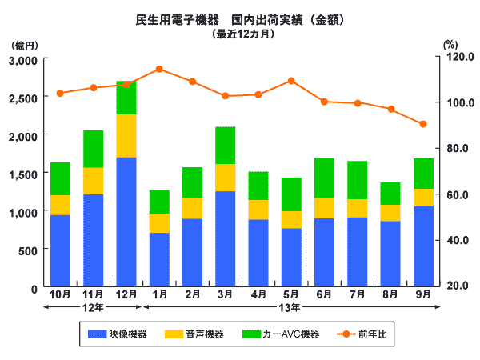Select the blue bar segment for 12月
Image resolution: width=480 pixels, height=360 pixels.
click(x=126, y=222)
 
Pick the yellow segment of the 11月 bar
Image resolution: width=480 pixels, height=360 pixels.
click(x=93, y=181)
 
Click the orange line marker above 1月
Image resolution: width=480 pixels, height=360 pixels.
click(x=158, y=69)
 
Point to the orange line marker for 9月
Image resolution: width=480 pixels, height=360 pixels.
click(x=422, y=124)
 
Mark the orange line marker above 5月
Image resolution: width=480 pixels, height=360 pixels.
click(x=291, y=81)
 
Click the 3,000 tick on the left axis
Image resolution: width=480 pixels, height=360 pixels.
click(x=22, y=60)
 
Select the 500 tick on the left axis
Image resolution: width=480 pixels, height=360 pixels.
click(x=27, y=250)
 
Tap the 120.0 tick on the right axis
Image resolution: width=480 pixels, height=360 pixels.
click(x=457, y=57)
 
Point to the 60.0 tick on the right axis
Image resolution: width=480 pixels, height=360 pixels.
click(x=458, y=194)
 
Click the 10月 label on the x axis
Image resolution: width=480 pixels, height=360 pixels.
click(x=60, y=294)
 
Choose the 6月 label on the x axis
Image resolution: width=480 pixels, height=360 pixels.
click(x=324, y=294)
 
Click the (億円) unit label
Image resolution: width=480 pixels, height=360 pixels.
click(x=25, y=46)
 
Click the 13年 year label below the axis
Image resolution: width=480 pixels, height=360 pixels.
click(x=290, y=308)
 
